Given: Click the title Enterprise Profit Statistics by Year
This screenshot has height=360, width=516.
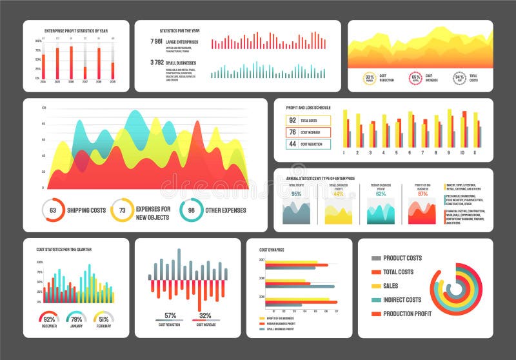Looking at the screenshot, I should pos(75,31).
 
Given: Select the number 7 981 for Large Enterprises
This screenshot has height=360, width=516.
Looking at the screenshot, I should pos(156,41).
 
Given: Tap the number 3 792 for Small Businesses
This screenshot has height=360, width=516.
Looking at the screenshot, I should pos(156,63).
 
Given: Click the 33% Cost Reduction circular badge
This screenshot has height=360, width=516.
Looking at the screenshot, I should pos(369,79).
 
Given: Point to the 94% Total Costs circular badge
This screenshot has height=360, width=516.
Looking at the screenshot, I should pos(459,79).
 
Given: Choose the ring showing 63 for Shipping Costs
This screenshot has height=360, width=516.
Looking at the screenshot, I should pos(53,210).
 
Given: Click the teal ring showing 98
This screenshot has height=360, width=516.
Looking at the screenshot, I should pos(191,210).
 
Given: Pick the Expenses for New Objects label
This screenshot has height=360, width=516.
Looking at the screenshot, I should pos(153,214).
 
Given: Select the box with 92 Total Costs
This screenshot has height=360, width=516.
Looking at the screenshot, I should pos(308,121).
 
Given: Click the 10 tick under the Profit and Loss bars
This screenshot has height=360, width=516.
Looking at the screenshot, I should pos(462,154).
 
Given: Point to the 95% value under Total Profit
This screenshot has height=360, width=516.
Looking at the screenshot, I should pos(296,194).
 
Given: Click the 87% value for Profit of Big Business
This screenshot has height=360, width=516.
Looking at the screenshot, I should pos(422,194).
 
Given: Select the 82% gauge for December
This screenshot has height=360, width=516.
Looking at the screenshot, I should pos(49,319).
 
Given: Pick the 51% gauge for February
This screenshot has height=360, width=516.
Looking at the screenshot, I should pos(103,319).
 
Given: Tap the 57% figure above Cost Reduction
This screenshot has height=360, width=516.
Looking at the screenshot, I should pos(170,315).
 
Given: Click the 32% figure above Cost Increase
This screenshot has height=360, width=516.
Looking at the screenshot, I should pos(205,315).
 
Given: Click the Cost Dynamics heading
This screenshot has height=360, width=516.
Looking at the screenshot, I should pos(272,250).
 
